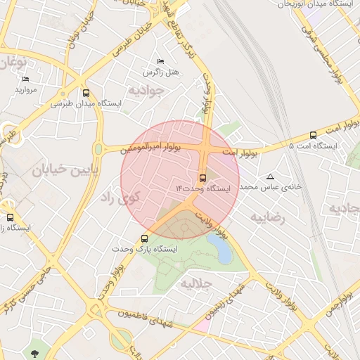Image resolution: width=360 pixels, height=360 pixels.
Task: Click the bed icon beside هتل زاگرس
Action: click(x=160, y=61)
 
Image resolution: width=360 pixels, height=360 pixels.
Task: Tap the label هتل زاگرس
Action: click(x=161, y=72)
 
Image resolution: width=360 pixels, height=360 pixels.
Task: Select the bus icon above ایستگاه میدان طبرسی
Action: click(x=86, y=93)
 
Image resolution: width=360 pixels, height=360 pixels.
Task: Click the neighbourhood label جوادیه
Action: click(x=146, y=90)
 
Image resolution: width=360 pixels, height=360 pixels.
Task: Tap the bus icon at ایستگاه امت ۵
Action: click(x=313, y=135)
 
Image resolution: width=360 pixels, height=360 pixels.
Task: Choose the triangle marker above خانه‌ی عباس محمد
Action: click(x=271, y=176)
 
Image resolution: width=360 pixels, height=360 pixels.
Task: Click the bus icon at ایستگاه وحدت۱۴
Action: click(x=203, y=177)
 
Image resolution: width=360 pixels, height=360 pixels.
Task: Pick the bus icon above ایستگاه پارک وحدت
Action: click(x=144, y=238)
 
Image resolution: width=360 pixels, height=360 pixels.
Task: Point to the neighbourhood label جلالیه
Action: click(x=197, y=284)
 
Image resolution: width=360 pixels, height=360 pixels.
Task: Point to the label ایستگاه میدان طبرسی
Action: click(x=86, y=103)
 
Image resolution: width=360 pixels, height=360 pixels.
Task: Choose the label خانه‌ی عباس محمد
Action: click(x=271, y=188)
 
